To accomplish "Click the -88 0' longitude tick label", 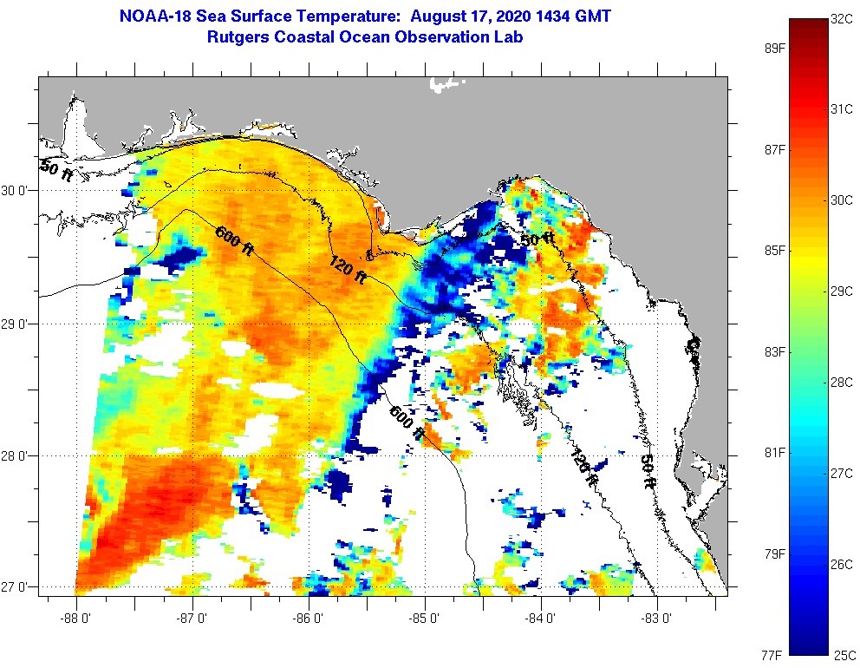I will pyautogui.click(x=76, y=619).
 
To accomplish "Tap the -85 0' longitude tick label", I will pyautogui.click(x=425, y=619).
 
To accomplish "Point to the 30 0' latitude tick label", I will pyautogui.click(x=17, y=190).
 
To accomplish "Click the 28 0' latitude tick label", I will pyautogui.click(x=17, y=455).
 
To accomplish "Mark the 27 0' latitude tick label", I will pyautogui.click(x=17, y=587).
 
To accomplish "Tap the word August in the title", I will pyautogui.click(x=439, y=16).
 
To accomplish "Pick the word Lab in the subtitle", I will pyautogui.click(x=509, y=37).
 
